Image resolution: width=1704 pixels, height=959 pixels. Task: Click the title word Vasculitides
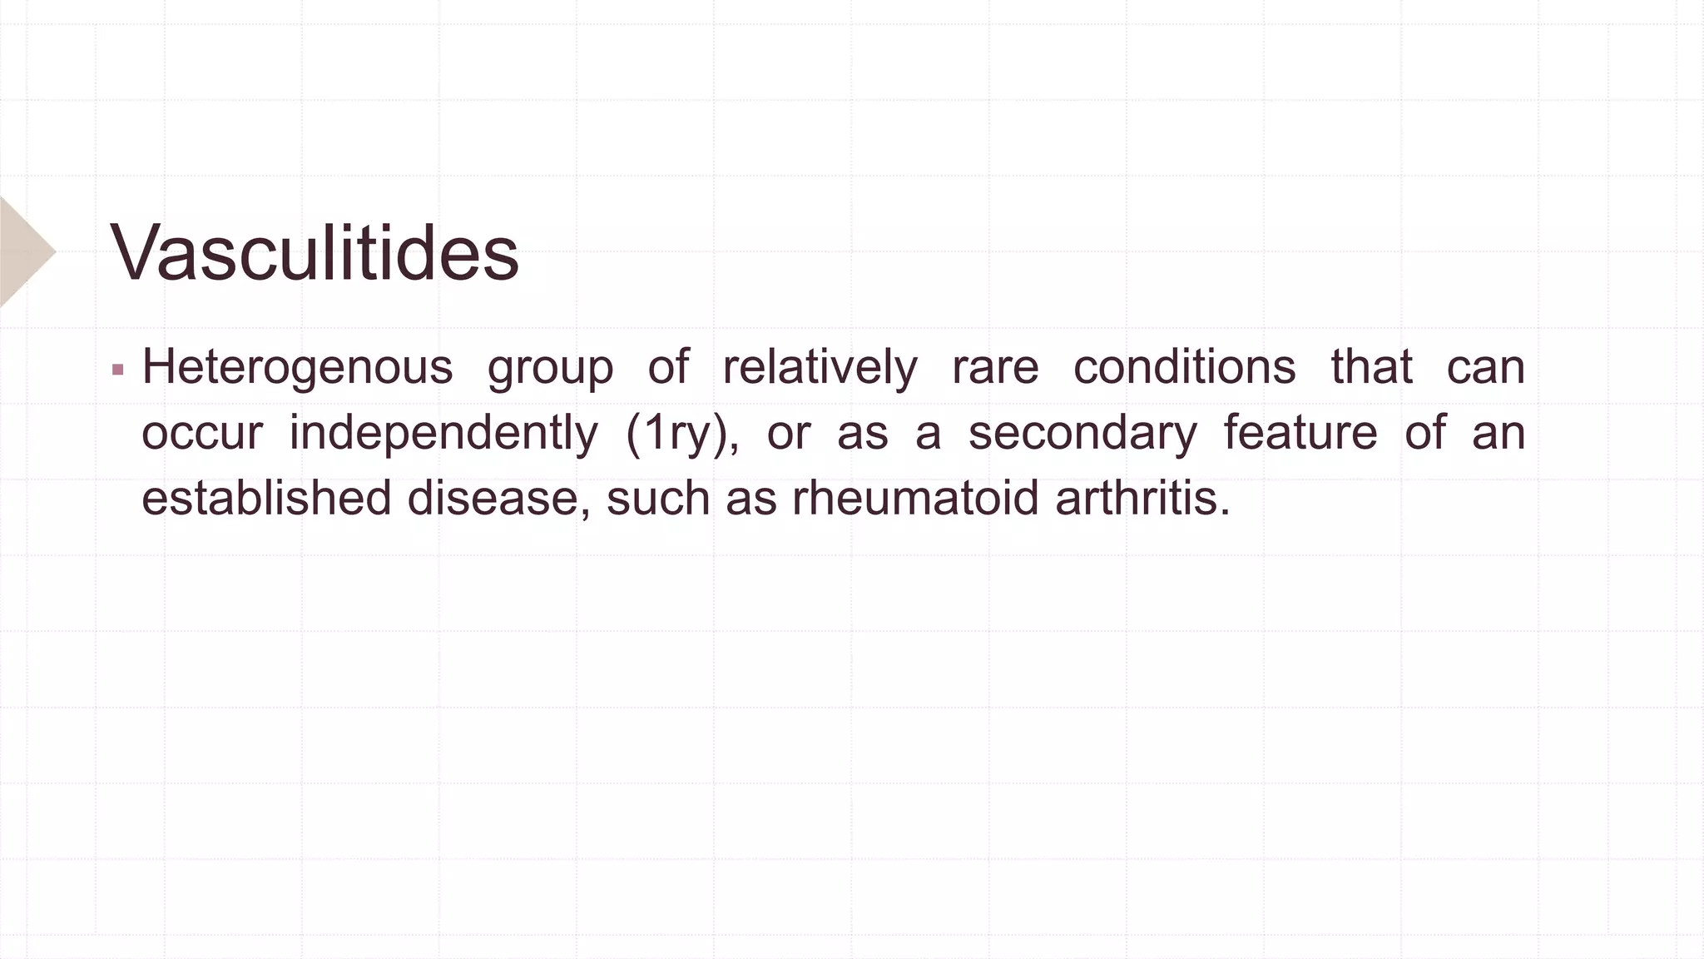point(315,252)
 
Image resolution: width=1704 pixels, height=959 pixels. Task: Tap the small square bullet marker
point(117,369)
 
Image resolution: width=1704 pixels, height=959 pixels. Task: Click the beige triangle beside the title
point(23,251)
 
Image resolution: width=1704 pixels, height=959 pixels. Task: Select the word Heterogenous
point(297,367)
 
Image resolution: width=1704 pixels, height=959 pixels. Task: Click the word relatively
point(820,367)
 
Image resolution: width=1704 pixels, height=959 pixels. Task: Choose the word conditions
point(1184,367)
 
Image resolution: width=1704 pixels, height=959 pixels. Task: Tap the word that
point(1371,367)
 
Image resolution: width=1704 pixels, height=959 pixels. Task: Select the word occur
point(202,434)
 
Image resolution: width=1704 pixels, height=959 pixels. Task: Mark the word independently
point(443,434)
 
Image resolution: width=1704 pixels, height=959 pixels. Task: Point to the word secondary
point(1082,434)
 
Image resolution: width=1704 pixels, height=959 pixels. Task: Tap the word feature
point(1300,434)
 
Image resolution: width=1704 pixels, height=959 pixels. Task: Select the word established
point(266,498)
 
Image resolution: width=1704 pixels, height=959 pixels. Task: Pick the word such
point(657,498)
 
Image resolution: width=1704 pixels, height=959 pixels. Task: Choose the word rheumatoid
point(915,498)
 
